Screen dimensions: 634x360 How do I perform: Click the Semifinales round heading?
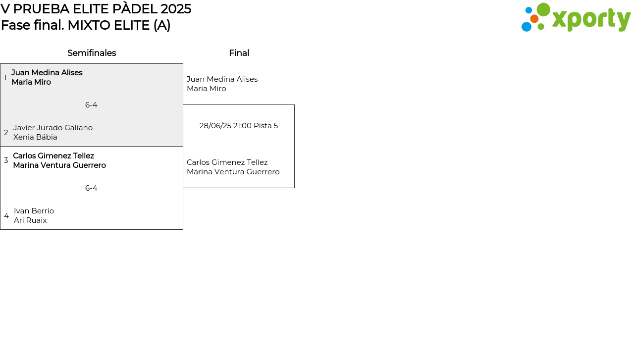coord(92,53)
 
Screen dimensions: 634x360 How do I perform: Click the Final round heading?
coord(239,53)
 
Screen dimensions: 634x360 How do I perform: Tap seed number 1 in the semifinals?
coord(5,77)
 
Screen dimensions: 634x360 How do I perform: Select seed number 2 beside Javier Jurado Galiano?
coord(6,132)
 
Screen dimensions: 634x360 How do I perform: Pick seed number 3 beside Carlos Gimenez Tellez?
coord(6,160)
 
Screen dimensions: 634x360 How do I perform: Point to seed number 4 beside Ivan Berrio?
coord(6,216)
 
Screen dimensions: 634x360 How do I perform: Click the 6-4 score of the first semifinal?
coord(91,105)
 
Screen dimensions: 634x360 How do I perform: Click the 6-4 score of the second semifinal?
coord(91,188)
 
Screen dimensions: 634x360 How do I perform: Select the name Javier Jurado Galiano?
coord(53,128)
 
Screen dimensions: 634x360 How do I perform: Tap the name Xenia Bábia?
coord(35,137)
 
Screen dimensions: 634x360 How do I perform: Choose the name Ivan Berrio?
coord(34,211)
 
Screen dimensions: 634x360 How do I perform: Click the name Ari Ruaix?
coord(30,220)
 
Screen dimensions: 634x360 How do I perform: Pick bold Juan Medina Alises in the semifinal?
coord(47,73)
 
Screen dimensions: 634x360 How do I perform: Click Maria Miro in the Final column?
coord(207,89)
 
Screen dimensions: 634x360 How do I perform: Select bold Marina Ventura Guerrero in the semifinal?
coord(59,165)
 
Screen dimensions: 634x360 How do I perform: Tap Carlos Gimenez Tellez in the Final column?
coord(227,162)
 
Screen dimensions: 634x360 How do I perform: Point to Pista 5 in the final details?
coord(266,126)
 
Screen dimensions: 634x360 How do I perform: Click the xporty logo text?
coord(591,19)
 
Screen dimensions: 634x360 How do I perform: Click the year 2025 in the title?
coord(176,9)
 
